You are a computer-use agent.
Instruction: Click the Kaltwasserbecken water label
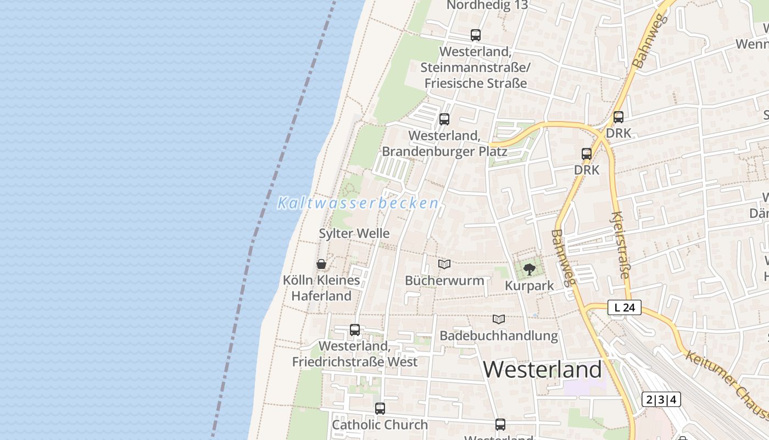pos(358,203)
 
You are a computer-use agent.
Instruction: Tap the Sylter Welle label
pos(354,233)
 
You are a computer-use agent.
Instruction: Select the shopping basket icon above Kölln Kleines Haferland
pos(321,265)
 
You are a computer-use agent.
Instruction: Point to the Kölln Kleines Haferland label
pos(321,288)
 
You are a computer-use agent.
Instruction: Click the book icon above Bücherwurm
pos(444,265)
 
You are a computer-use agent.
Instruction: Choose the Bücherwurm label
pos(444,280)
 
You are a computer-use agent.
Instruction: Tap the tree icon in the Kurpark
pos(529,269)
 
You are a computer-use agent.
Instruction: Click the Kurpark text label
pos(529,286)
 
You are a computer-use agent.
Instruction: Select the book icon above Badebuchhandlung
pos(499,319)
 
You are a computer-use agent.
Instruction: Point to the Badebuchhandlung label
pos(499,335)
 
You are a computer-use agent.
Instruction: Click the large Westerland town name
pos(543,370)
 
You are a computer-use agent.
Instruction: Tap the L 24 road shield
pos(625,308)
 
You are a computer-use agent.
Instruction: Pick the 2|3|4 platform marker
pos(661,399)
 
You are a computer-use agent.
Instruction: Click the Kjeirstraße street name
pos(620,245)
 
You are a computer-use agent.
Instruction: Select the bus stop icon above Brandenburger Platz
pos(444,119)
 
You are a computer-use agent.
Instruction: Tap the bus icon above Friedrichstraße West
pos(355,330)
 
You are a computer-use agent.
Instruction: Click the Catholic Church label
pos(380,425)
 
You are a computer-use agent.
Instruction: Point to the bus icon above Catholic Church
pos(380,409)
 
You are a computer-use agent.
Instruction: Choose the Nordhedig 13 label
pos(487,5)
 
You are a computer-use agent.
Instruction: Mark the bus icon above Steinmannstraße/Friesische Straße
pos(476,35)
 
